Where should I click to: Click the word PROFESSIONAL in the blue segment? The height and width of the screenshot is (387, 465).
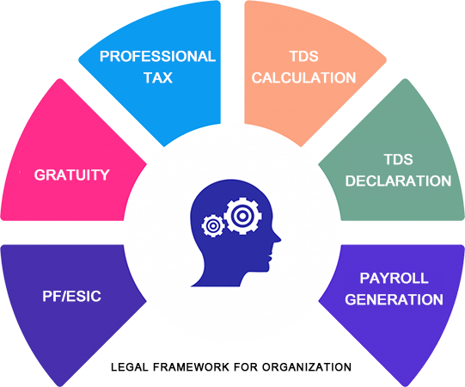[157, 57]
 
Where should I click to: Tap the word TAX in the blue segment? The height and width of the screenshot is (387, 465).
[158, 77]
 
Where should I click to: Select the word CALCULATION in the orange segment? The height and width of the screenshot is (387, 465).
[303, 77]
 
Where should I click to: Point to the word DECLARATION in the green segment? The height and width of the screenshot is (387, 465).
[398, 181]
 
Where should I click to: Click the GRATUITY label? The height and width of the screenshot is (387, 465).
[71, 175]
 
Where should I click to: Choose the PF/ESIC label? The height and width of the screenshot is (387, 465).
[71, 296]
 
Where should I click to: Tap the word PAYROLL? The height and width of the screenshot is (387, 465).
[395, 278]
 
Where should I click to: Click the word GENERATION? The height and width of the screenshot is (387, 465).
[395, 299]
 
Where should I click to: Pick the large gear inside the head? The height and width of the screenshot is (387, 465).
[242, 216]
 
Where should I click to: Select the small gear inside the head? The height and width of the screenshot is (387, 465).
[212, 226]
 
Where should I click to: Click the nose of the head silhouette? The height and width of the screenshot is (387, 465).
[278, 238]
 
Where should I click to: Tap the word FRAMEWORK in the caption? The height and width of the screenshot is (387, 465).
[192, 367]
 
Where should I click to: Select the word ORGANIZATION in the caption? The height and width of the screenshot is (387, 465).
[307, 367]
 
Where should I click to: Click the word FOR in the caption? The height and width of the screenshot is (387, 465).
[246, 367]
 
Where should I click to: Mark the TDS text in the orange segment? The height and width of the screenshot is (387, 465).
[304, 57]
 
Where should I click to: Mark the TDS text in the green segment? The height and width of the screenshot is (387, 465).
[398, 159]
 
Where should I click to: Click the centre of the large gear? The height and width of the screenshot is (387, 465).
[242, 216]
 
